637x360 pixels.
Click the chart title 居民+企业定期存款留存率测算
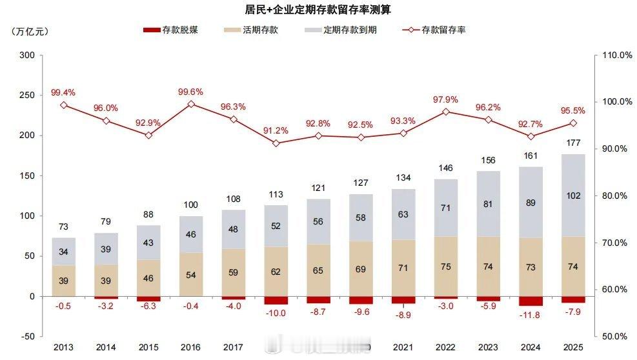[x=318, y=10]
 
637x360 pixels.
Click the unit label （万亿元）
[x=30, y=30]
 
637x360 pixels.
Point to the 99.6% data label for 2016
[x=191, y=92]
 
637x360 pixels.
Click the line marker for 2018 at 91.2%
[x=276, y=143]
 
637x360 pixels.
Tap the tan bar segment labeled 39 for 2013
[x=64, y=281]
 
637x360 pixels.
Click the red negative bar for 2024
[x=531, y=301]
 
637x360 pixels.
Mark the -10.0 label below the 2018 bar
[x=276, y=314]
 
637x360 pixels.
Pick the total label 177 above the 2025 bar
[x=573, y=143]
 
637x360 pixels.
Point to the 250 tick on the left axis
[x=27, y=95]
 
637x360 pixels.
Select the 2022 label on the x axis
[x=445, y=348]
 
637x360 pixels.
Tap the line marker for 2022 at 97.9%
[x=446, y=112]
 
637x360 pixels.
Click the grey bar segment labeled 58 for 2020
[x=361, y=217]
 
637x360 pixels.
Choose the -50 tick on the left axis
[x=27, y=336]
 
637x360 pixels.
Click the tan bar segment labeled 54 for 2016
[x=191, y=274]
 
